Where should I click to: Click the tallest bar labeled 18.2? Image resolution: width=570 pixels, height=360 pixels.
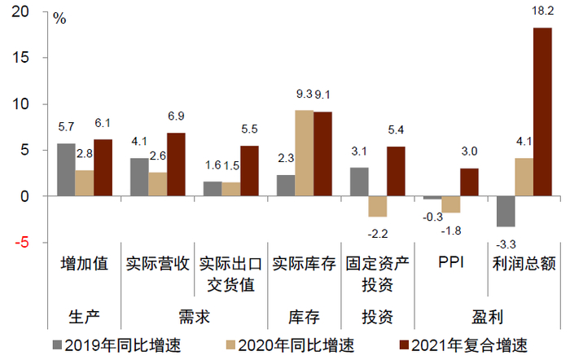pos(542,112)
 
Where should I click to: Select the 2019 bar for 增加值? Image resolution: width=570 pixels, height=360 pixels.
pos(66,169)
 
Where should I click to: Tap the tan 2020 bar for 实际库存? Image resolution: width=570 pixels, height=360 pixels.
pos(305,153)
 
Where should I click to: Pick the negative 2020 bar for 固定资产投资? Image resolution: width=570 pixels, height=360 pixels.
pos(377,206)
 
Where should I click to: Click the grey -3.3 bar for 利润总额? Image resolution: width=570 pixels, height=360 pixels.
pos(506,211)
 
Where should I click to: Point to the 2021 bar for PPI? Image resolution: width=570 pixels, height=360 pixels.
pos(469,182)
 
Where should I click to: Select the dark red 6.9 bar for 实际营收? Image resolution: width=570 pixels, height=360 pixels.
pos(176,165)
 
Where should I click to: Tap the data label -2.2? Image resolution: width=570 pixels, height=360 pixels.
pos(377,233)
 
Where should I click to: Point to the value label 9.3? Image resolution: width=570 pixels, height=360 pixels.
pos(305,94)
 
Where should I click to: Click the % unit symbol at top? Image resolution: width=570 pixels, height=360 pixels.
pos(59,18)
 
